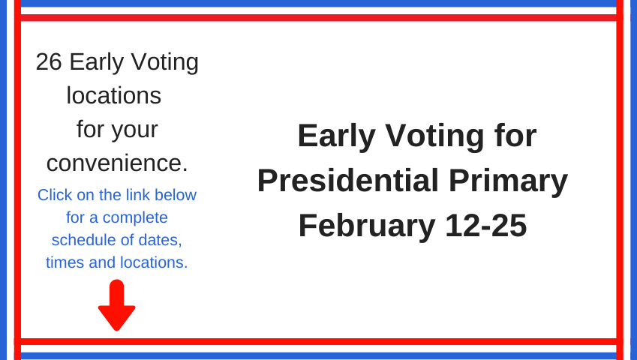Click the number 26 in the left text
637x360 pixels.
tap(49, 61)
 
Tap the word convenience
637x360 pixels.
tap(117, 163)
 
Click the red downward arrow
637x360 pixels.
tap(116, 304)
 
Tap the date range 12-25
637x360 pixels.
tap(486, 225)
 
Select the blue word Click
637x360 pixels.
tap(55, 195)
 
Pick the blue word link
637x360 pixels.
tap(138, 195)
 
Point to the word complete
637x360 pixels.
tap(135, 218)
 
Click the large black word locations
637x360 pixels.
tap(114, 96)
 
